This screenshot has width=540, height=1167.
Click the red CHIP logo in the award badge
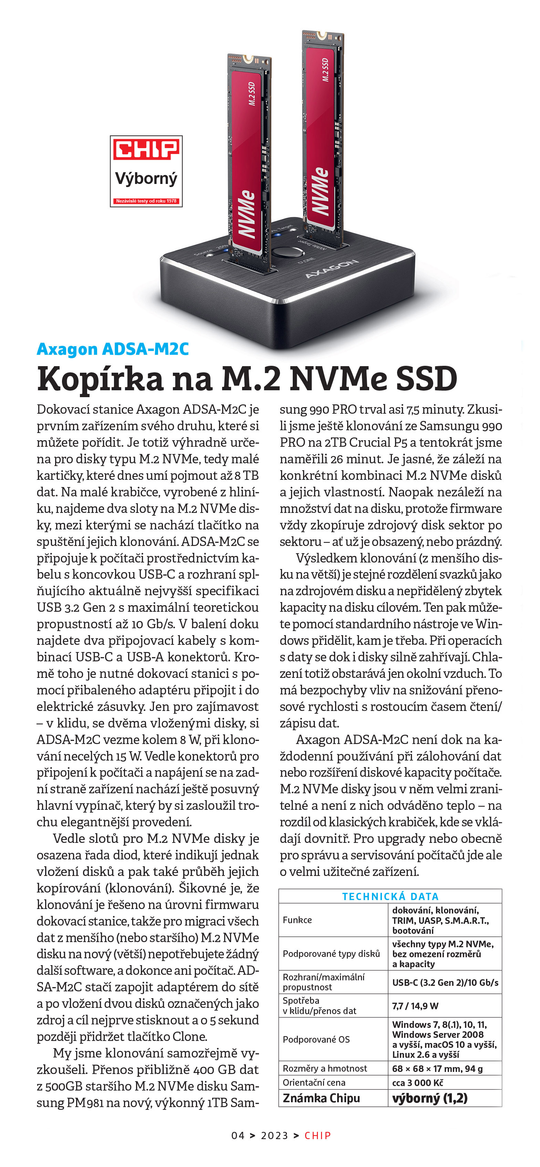[146, 150]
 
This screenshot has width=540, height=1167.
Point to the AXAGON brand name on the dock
[332, 269]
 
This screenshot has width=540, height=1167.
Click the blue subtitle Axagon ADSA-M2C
[113, 349]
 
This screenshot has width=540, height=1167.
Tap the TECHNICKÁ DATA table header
[390, 896]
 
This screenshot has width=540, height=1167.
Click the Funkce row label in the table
[297, 920]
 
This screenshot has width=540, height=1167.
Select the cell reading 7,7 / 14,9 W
[415, 1006]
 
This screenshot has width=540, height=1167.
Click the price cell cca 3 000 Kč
[417, 1082]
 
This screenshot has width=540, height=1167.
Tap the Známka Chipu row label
[321, 1098]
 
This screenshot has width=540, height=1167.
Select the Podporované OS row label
[316, 1039]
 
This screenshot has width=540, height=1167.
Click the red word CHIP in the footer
[318, 1135]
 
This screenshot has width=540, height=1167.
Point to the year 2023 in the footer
[274, 1135]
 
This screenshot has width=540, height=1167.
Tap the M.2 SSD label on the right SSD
[325, 70]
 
